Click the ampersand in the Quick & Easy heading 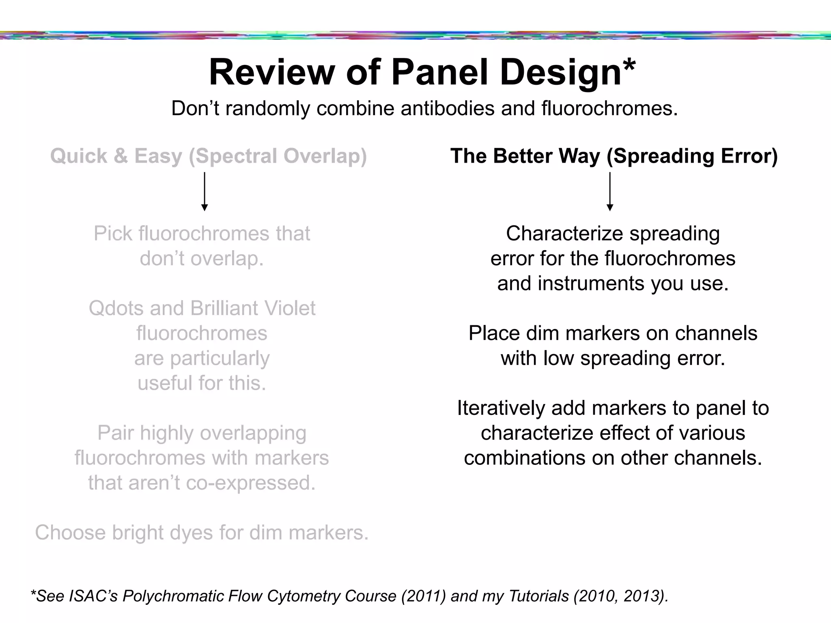click(x=121, y=156)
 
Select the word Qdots click(x=116, y=308)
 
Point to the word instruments click(x=591, y=284)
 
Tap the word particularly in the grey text click(x=202, y=359)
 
